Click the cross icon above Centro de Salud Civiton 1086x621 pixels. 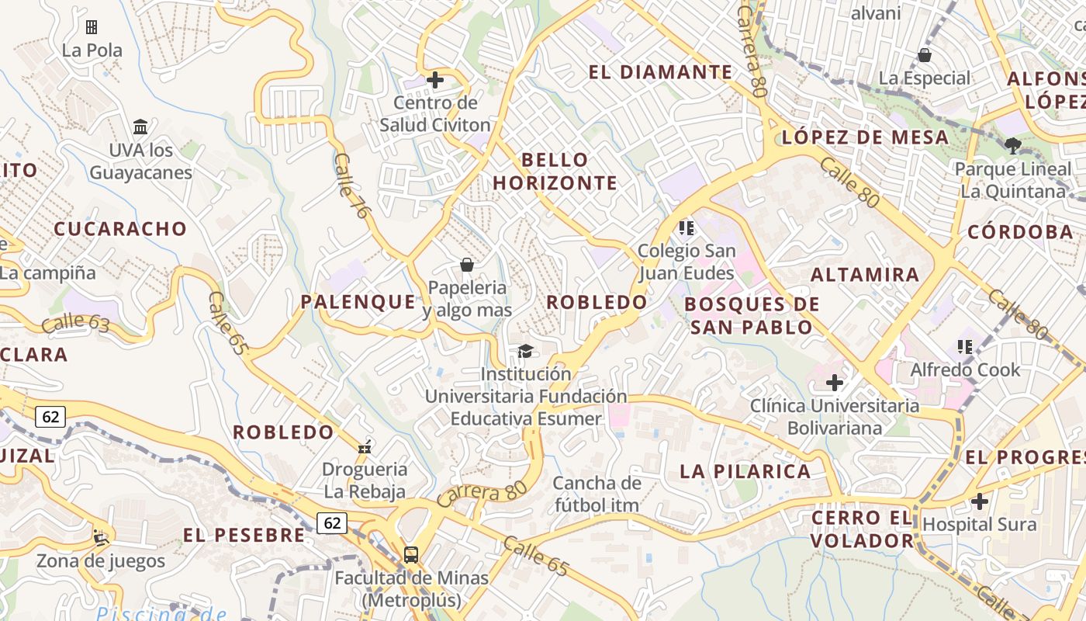tap(435, 80)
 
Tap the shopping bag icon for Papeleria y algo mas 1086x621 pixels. tap(467, 265)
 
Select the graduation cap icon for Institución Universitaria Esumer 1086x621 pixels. tap(525, 352)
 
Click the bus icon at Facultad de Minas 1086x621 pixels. tap(411, 555)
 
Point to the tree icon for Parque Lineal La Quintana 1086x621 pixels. tap(1012, 145)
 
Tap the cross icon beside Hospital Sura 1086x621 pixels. tap(980, 501)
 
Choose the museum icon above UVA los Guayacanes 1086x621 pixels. tap(140, 127)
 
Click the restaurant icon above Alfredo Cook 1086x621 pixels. tap(965, 346)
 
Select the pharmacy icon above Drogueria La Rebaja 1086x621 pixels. tap(365, 446)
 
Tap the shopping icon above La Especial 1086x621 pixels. tap(925, 55)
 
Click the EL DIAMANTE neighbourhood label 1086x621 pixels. tap(660, 72)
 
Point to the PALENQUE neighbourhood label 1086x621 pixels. tap(358, 302)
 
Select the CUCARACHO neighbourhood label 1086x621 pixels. tap(120, 229)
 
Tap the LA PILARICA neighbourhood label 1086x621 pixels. tap(745, 471)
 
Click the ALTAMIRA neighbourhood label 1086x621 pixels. tap(865, 274)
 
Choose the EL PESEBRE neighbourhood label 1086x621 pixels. tap(244, 535)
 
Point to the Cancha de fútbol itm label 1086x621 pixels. tap(597, 494)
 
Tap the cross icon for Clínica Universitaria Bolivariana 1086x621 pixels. tap(835, 383)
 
